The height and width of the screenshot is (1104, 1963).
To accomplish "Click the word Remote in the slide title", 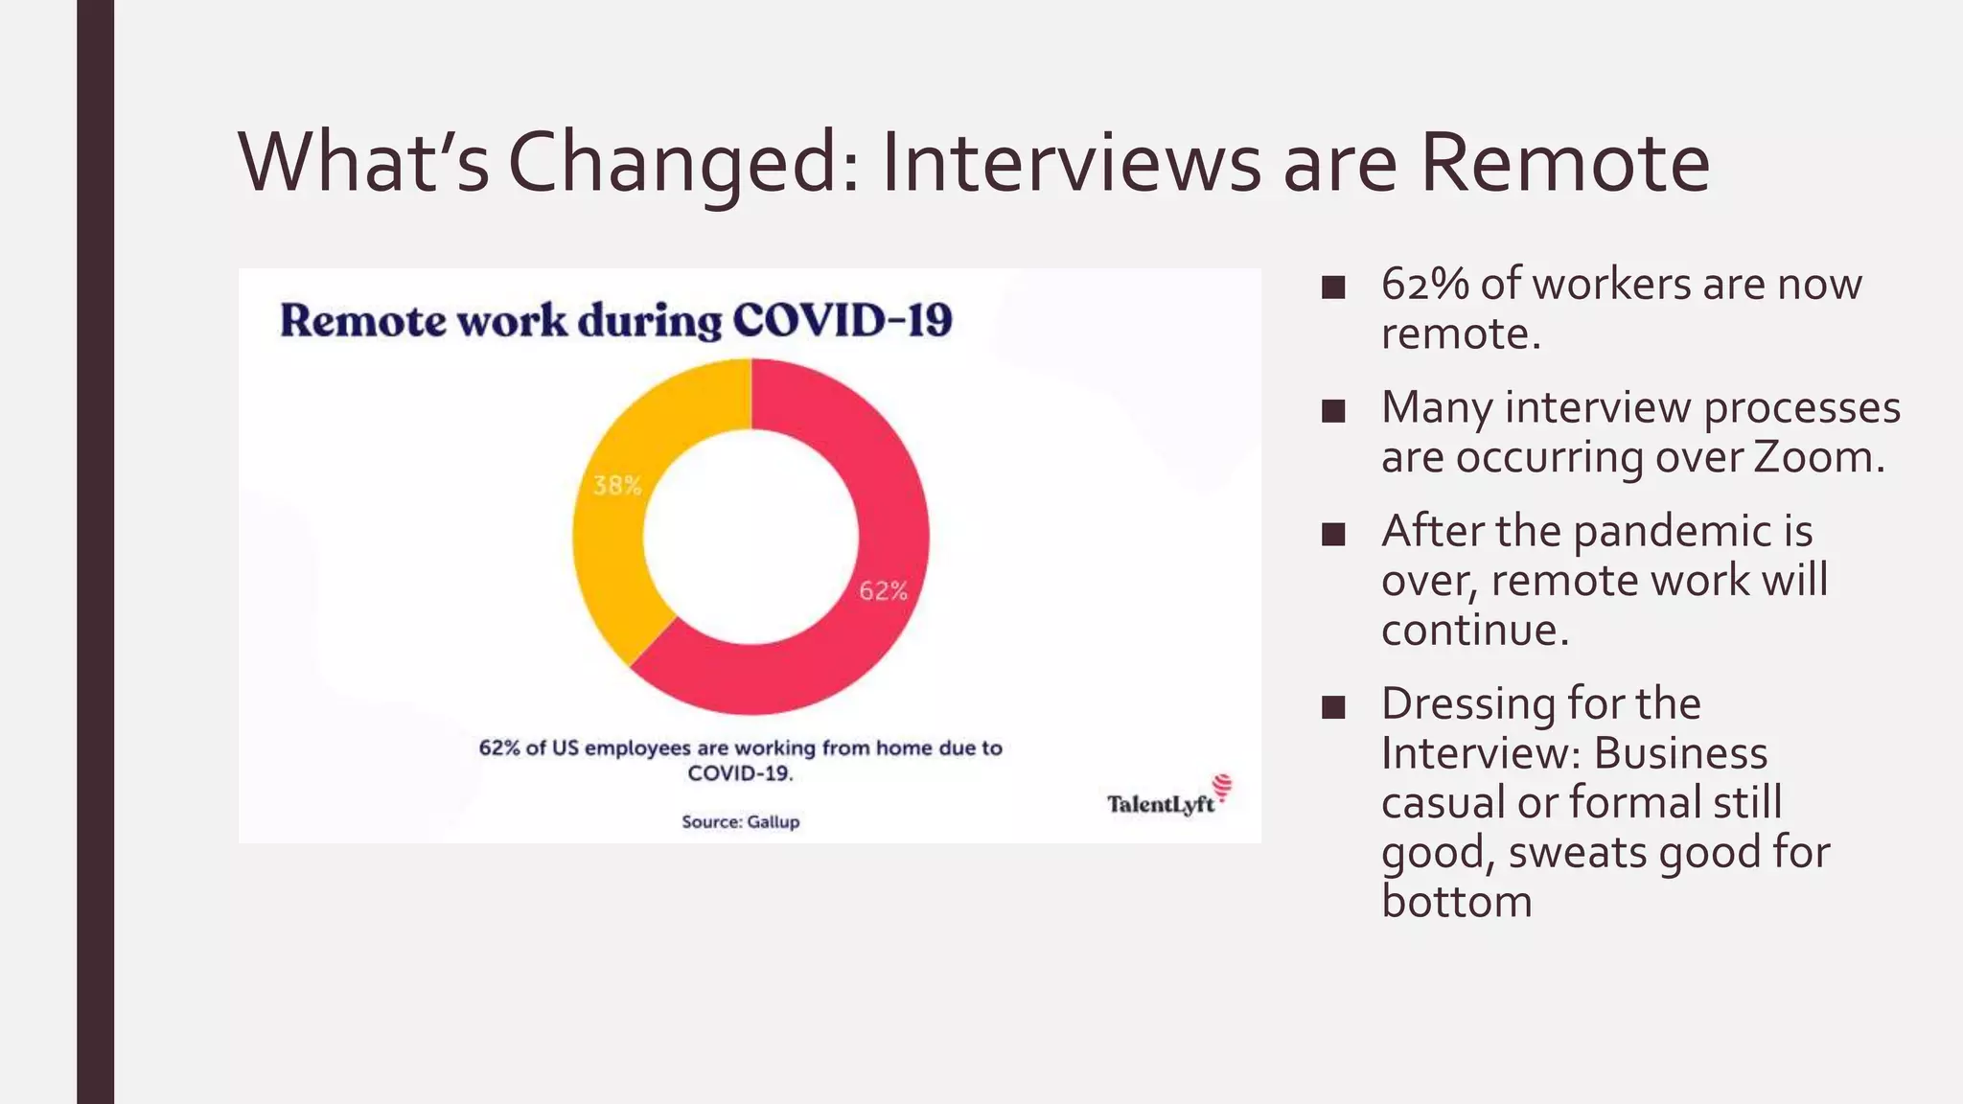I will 1564,163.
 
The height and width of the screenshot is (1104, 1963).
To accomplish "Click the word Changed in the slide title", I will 684,163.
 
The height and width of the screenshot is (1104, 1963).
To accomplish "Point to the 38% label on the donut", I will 616,486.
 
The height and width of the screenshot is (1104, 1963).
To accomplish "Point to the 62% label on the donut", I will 883,591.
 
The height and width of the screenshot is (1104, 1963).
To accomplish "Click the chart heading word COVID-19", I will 843,321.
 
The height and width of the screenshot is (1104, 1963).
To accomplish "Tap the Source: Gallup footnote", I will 740,821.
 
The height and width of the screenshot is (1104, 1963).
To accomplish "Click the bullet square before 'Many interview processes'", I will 1332,411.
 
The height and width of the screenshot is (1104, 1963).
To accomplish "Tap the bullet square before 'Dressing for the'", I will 1332,707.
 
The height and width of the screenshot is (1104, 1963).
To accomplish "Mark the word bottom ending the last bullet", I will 1456,902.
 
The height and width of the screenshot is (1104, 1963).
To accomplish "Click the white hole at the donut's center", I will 751,537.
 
